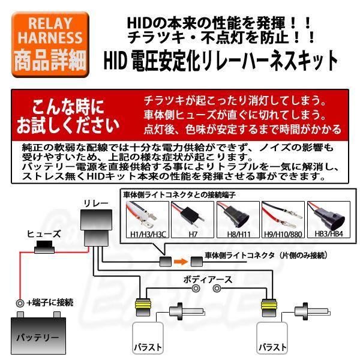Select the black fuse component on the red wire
coord(43,246)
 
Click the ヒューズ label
coord(43,233)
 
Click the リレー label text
coord(96,203)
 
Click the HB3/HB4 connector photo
coord(328,215)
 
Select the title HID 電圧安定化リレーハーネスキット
coord(221,60)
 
